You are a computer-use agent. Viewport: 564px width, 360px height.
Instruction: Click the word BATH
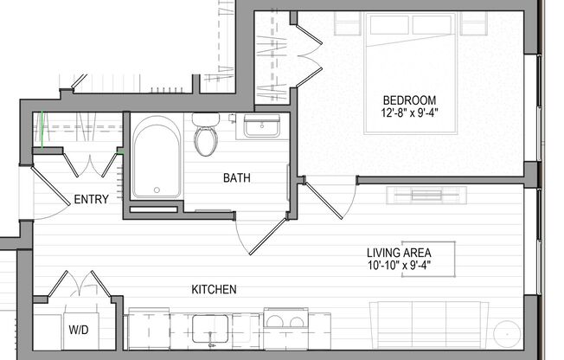tap(237, 178)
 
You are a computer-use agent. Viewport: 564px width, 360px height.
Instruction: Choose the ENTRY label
tap(92, 199)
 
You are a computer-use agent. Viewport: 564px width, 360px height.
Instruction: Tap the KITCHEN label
tap(214, 289)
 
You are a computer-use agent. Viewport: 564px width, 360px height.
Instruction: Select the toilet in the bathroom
tap(206, 135)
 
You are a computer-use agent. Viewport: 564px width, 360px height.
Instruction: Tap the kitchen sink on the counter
tap(209, 330)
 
